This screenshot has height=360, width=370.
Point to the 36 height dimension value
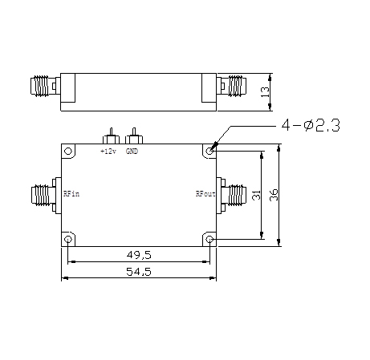click(274, 196)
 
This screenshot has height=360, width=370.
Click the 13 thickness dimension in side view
click(266, 94)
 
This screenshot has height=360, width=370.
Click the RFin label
click(71, 193)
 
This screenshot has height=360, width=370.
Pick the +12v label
click(108, 152)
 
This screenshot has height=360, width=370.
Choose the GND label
click(132, 152)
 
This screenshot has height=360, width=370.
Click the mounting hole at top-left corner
click(69, 150)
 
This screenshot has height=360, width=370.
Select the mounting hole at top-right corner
click(209, 150)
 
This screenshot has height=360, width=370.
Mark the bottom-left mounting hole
click(69, 239)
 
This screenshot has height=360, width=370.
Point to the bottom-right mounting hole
click(209, 239)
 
